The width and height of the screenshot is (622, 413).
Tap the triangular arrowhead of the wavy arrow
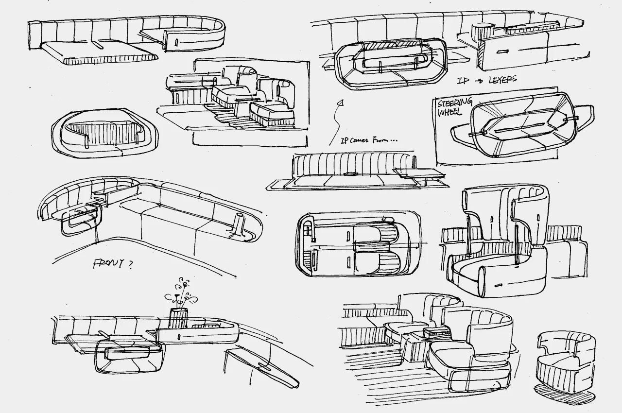pyautogui.click(x=341, y=103)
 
